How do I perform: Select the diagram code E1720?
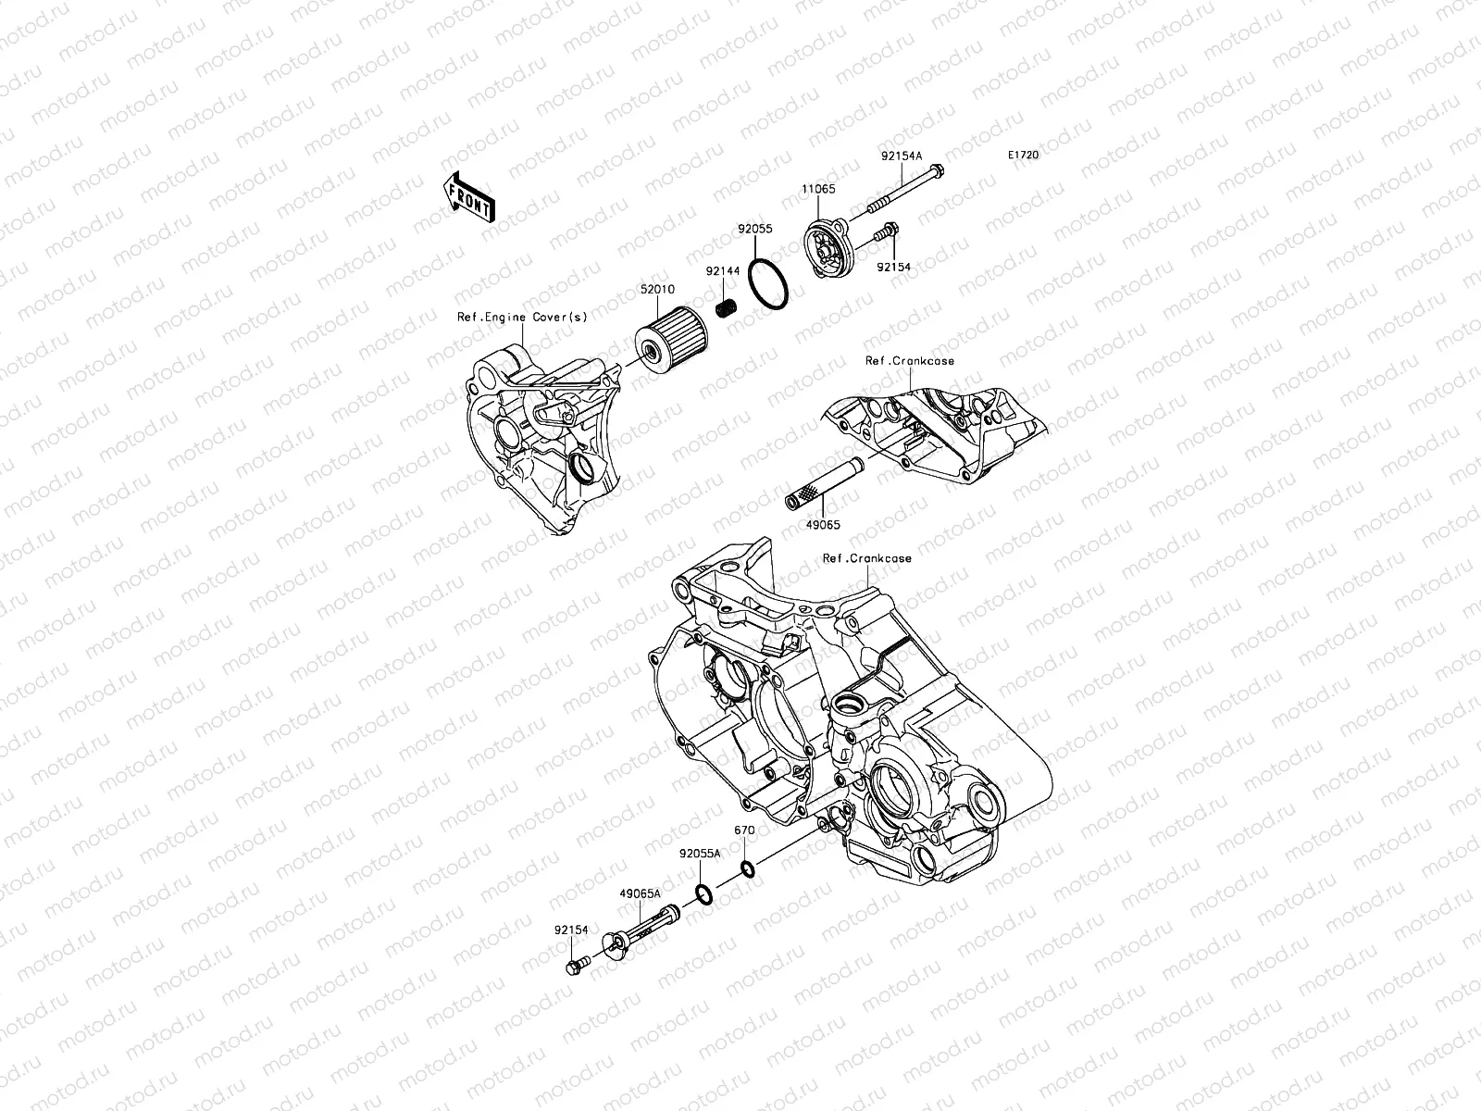pyautogui.click(x=1024, y=156)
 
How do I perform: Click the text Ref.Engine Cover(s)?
pyautogui.click(x=523, y=317)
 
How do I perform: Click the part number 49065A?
pyautogui.click(x=641, y=894)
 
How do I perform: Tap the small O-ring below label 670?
pyautogui.click(x=746, y=868)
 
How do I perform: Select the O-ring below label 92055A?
pyautogui.click(x=703, y=895)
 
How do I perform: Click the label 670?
pyautogui.click(x=744, y=830)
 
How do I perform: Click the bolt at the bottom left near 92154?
pyautogui.click(x=574, y=967)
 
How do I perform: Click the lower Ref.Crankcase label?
pyautogui.click(x=867, y=558)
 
